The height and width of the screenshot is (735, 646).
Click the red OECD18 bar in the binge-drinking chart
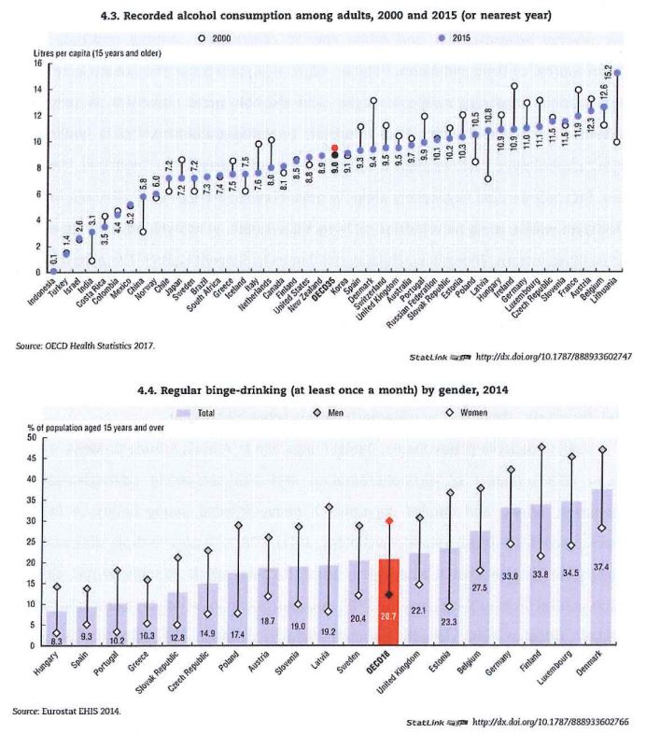(x=390, y=602)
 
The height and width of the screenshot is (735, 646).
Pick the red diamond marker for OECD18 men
(x=390, y=520)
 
